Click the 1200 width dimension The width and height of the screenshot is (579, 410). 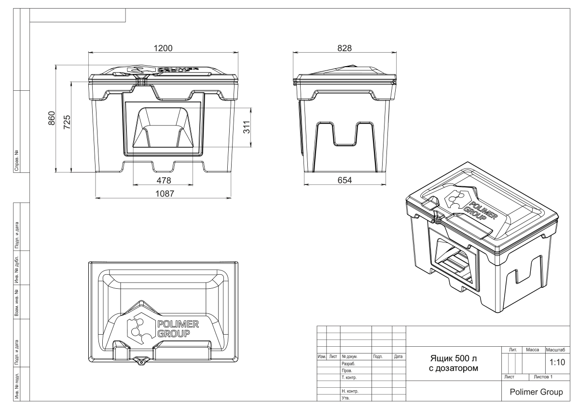pos(163,48)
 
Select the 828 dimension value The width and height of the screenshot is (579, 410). pos(345,48)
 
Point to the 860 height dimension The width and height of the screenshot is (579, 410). pos(52,118)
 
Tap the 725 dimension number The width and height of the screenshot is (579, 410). pos(67,122)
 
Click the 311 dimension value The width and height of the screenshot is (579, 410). pos(247,127)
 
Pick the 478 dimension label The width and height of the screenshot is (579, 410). pos(164,180)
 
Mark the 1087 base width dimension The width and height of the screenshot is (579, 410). pos(165,194)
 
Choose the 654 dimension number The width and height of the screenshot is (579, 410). pos(345,180)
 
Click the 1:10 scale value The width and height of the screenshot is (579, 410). pos(557,362)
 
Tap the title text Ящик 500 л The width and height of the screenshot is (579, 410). pos(454,358)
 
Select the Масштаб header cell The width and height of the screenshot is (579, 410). pos(555,350)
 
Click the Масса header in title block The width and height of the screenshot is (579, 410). pos(533,350)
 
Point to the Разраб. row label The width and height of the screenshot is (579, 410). pos(348,364)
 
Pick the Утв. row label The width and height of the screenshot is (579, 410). pos(345,398)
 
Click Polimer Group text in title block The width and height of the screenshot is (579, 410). pos(537,392)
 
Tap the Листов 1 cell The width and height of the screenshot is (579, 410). pos(543,377)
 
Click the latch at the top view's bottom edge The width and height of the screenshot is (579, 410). pos(141,361)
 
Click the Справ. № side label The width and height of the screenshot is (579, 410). pos(17,160)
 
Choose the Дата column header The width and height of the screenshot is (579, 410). pos(399,356)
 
